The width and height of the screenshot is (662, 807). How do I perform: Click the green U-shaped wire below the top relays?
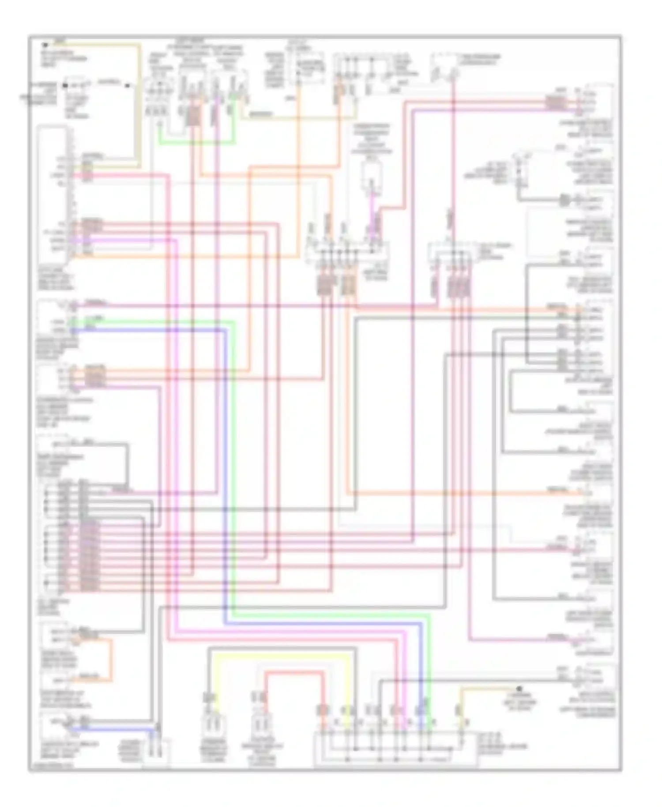pos(196,143)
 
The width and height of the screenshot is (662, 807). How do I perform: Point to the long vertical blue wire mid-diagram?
pos(225,477)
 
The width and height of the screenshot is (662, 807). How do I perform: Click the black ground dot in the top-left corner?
pos(44,45)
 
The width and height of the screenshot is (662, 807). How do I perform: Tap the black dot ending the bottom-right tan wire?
pos(519,688)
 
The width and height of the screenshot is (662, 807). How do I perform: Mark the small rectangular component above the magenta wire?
pos(371,174)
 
